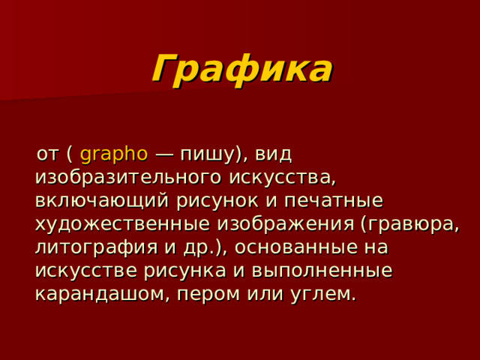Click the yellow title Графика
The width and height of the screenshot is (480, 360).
[241, 70]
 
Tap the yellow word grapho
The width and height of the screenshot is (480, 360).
[113, 154]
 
